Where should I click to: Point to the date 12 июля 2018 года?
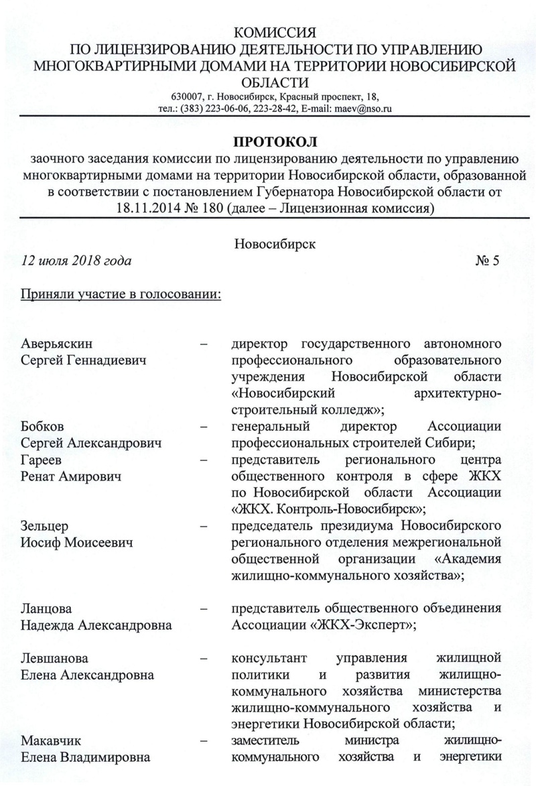76,260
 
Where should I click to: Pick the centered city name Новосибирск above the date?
275,244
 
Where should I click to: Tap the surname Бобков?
42,427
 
